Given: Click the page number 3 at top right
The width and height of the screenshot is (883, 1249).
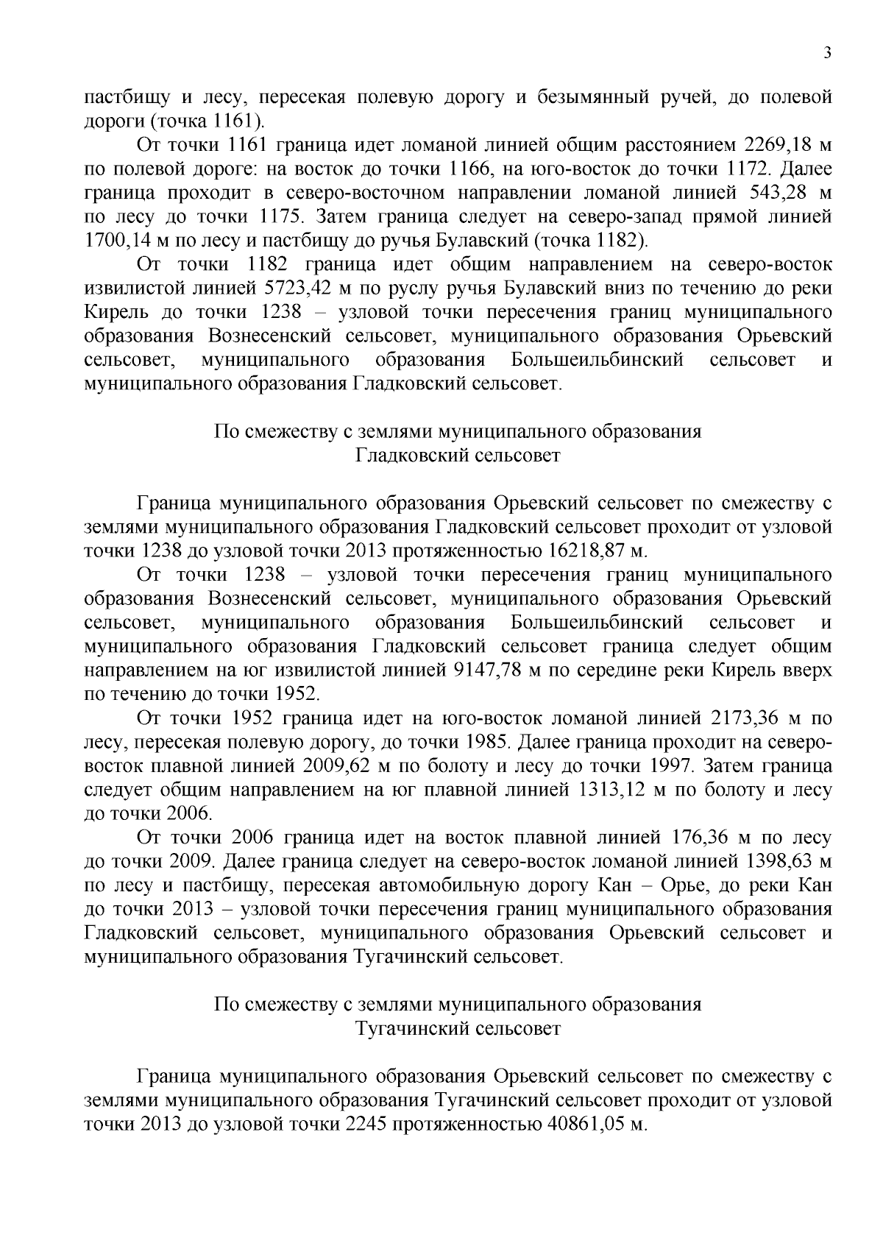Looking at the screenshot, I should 828,52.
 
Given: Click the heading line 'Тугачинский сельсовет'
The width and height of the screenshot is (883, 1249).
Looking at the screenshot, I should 458,1029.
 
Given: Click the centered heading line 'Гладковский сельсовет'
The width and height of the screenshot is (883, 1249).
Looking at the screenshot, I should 458,456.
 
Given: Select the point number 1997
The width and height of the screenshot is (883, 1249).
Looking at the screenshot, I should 671,766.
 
